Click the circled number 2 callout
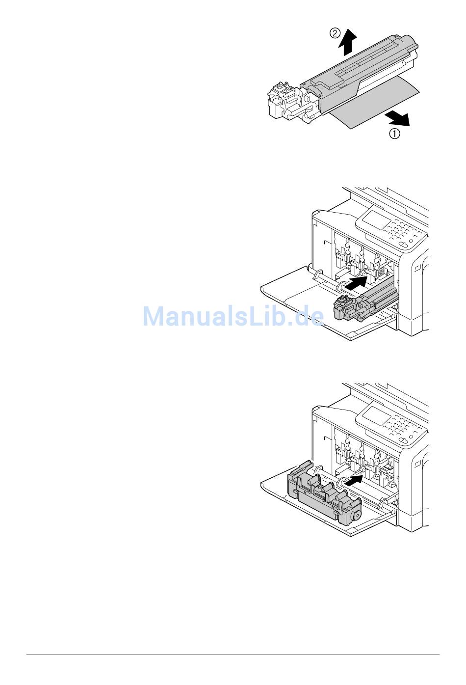(335, 33)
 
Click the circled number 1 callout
(395, 133)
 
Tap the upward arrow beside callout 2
(348, 42)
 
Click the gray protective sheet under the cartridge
(373, 108)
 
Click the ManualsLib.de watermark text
(233, 317)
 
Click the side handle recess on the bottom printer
(417, 464)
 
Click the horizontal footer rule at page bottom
(233, 655)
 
